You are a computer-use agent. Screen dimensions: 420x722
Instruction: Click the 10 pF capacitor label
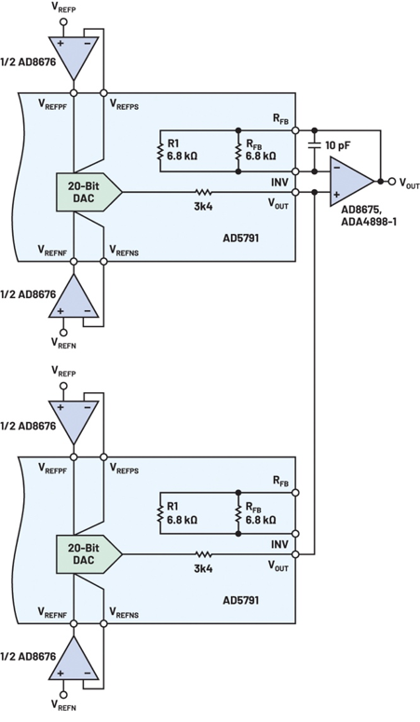[338, 145]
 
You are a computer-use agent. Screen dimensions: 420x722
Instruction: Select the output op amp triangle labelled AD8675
[351, 182]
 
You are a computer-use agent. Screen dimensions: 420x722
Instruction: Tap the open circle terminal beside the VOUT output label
[392, 182]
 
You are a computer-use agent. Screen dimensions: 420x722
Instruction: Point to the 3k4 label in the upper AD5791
[203, 206]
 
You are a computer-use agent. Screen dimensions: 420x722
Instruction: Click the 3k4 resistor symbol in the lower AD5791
[203, 554]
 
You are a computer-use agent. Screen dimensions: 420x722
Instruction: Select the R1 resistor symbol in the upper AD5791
[160, 151]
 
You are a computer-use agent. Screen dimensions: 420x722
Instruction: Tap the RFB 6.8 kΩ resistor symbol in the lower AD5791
[238, 513]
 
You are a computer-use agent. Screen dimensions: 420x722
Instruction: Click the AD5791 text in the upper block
[240, 238]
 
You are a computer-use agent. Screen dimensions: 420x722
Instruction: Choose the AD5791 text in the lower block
[240, 600]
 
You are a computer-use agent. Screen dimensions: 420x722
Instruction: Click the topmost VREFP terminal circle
[63, 21]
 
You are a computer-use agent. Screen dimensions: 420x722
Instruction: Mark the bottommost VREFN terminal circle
[63, 694]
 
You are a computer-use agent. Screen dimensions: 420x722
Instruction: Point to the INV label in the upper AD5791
[279, 183]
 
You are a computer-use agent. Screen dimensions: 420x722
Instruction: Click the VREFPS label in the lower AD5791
[124, 469]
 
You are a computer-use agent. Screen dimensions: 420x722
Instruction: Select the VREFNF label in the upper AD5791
[52, 251]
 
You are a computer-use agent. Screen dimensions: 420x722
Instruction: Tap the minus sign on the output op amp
[337, 168]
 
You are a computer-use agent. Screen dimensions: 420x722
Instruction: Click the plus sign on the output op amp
[337, 195]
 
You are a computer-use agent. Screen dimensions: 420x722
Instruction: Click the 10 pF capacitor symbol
[315, 145]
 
